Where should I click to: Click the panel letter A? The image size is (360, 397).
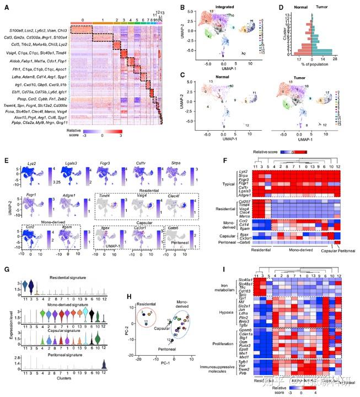point(7,7)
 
